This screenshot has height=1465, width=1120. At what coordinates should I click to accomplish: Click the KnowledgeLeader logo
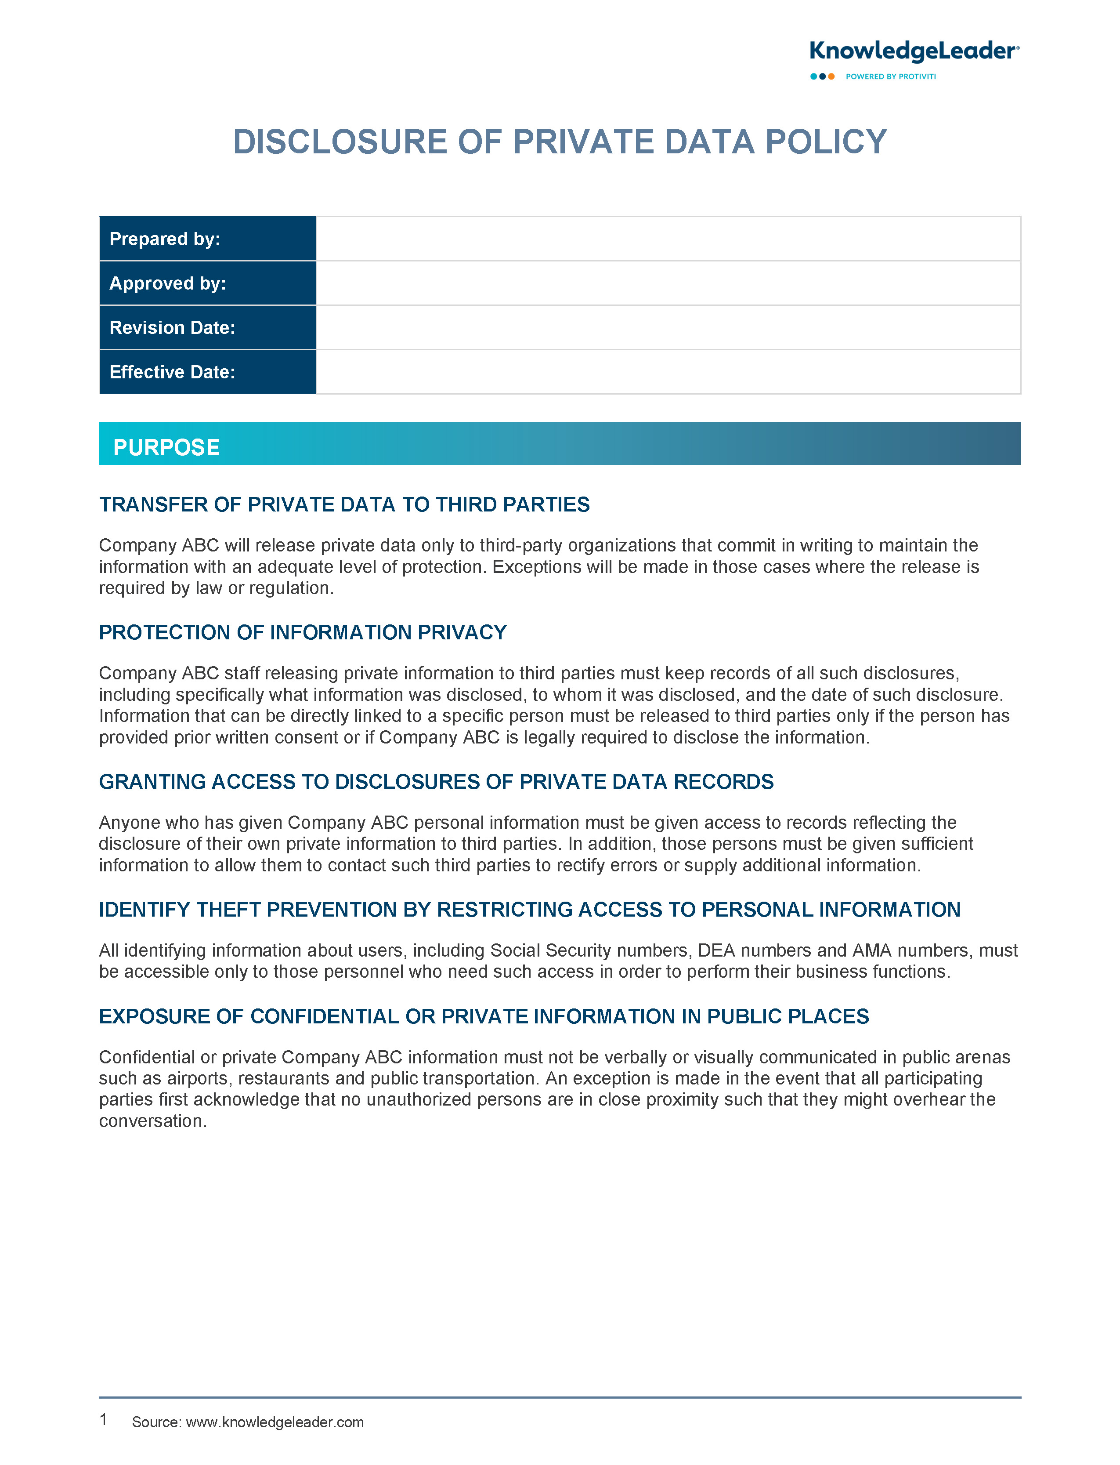point(913,52)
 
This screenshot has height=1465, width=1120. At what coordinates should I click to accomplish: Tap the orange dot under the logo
point(831,77)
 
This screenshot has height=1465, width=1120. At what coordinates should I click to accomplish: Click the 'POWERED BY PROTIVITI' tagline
point(891,77)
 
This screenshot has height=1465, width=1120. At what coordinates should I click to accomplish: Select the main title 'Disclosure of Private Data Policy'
point(559,142)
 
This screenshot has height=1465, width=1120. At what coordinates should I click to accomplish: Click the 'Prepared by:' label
point(165,239)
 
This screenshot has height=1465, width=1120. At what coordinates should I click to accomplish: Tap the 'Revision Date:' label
point(172,327)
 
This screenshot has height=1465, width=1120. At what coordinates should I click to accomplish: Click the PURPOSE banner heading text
point(166,447)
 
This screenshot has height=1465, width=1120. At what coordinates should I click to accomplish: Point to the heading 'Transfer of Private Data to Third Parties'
point(344,505)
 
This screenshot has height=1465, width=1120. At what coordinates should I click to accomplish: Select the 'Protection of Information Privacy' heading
point(303,632)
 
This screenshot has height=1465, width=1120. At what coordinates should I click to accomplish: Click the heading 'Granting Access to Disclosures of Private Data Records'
point(436,782)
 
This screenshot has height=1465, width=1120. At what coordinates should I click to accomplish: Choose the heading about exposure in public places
point(483,1016)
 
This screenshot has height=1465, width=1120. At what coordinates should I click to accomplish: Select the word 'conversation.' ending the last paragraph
point(153,1121)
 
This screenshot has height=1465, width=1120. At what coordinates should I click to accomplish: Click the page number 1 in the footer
point(103,1420)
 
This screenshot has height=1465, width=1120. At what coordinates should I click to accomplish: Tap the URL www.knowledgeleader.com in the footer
point(275,1422)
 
